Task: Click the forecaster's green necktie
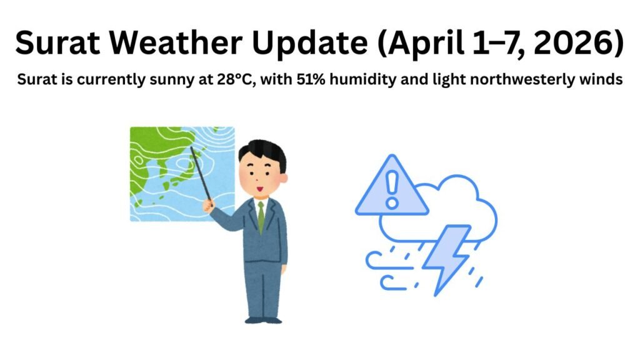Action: click(261, 216)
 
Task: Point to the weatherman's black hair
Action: click(262, 151)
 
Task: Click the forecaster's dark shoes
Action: click(262, 319)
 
